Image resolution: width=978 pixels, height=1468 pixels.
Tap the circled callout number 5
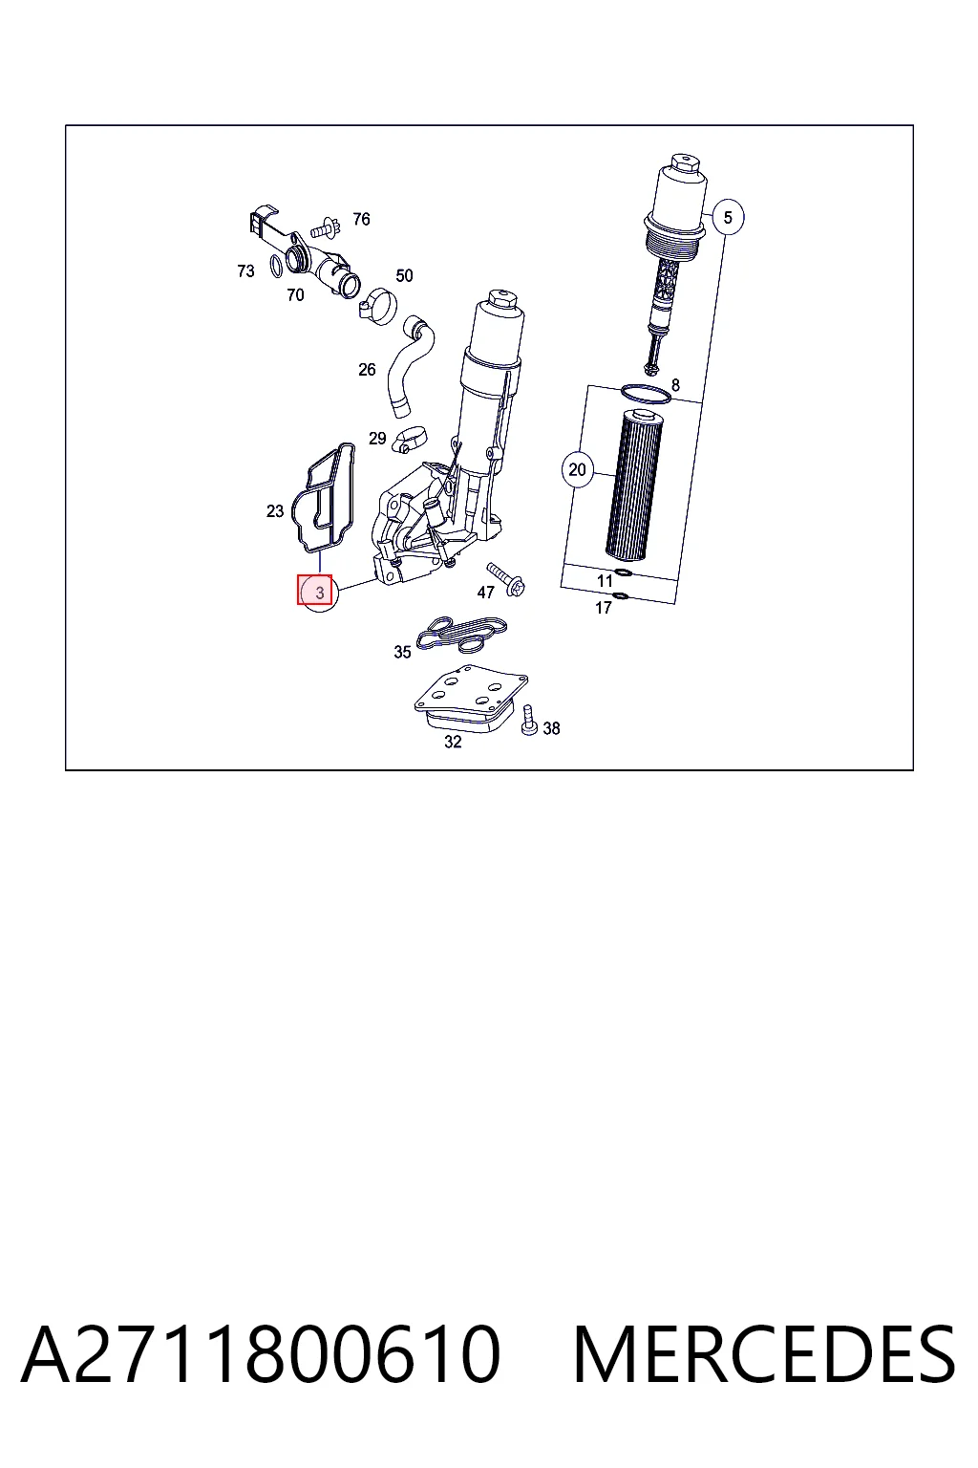[728, 217]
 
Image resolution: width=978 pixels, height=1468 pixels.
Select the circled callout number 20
[577, 469]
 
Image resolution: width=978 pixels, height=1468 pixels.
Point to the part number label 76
[361, 219]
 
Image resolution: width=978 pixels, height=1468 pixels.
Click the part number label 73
[245, 270]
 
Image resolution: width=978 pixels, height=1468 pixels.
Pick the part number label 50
[404, 276]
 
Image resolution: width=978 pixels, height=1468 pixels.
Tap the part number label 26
[367, 370]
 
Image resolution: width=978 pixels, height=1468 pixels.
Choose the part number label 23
[275, 510]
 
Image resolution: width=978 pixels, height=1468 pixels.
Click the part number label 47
[485, 593]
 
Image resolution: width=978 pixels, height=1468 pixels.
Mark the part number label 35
[402, 652]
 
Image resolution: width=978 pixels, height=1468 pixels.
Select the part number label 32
[453, 742]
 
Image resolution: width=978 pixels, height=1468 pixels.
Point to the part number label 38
[552, 728]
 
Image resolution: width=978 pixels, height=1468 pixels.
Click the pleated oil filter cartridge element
[633, 484]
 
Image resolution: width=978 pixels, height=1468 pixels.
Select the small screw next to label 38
[529, 721]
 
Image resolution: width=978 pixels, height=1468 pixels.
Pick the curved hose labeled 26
[412, 364]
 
